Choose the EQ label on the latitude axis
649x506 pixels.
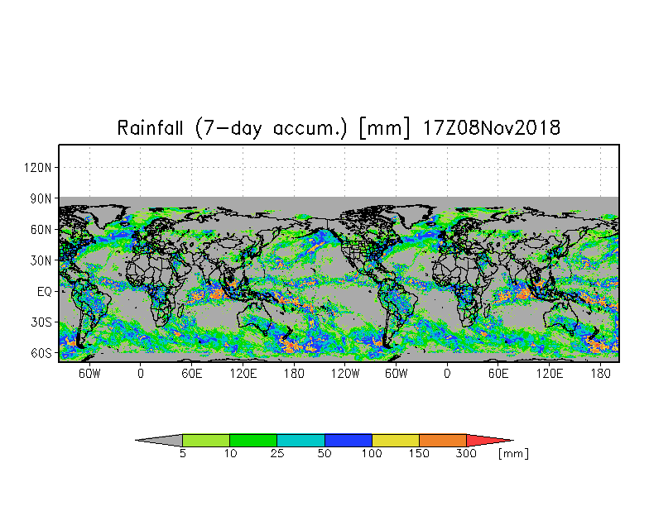[x=45, y=291]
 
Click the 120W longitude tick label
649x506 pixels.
[x=345, y=373]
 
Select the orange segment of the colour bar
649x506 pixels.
[x=443, y=440]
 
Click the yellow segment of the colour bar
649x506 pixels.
[x=396, y=440]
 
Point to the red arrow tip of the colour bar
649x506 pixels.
[x=488, y=440]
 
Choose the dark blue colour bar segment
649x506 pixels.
[x=349, y=440]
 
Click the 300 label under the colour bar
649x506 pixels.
[x=467, y=454]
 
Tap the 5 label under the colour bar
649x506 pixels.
[x=183, y=454]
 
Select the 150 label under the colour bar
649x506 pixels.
[x=420, y=454]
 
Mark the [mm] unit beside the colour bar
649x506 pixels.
[x=514, y=454]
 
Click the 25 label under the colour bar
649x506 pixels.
[x=277, y=454]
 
